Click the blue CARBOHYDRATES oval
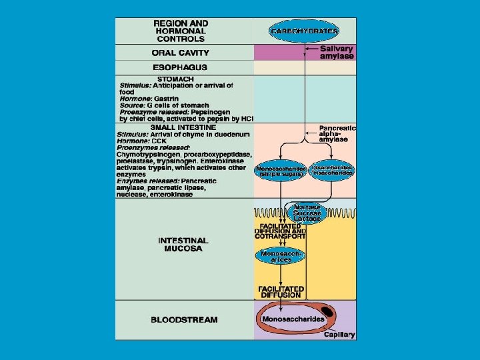click(x=305, y=31)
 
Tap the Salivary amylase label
click(x=337, y=53)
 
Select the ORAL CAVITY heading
click(x=181, y=53)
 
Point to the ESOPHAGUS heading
click(x=180, y=67)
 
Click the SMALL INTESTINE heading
click(x=183, y=127)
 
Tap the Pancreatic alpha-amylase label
click(x=337, y=133)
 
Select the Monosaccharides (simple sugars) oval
click(x=281, y=171)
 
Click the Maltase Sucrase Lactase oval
click(x=307, y=213)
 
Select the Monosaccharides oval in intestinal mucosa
click(x=281, y=257)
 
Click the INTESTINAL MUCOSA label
click(x=183, y=245)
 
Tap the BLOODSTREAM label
click(x=184, y=320)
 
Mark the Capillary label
click(x=339, y=335)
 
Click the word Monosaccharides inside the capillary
click(x=293, y=319)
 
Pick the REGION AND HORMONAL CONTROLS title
click(x=181, y=31)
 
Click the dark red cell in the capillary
click(x=329, y=311)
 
